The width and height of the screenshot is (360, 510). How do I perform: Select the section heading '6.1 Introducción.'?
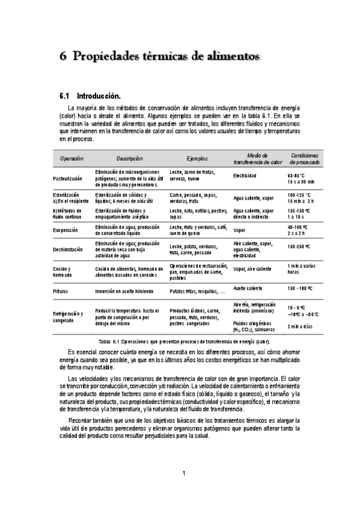click(x=90, y=96)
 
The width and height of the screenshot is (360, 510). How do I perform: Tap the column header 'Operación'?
click(x=72, y=159)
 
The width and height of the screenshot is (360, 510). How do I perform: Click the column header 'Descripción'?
click(x=129, y=159)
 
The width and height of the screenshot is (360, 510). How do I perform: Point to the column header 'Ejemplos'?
click(x=197, y=159)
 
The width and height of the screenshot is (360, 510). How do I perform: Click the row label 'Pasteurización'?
click(x=71, y=179)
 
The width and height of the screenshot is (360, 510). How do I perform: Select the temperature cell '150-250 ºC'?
click(x=299, y=247)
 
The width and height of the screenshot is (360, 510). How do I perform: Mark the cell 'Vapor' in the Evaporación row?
click(x=239, y=230)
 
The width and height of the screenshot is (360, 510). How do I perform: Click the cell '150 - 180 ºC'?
click(x=300, y=288)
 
